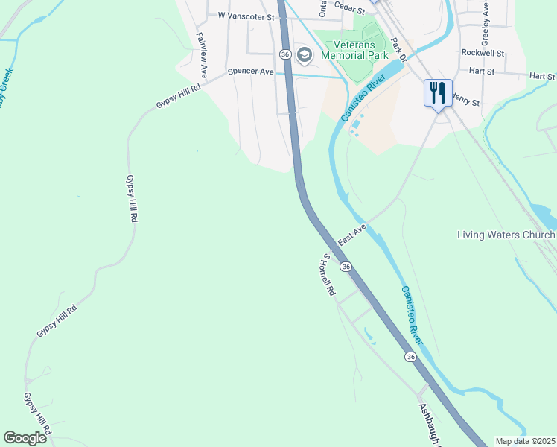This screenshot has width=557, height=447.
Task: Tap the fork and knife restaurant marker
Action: coord(438,93)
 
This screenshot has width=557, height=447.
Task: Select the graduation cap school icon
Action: coord(304,54)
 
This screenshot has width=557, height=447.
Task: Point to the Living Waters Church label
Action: coord(506,235)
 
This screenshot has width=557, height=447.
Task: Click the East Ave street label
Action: coord(352,236)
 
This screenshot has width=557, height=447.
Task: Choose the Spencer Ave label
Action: coord(251,72)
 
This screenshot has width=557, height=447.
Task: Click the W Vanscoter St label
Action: coord(245,15)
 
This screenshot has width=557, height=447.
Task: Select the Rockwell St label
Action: coord(483,53)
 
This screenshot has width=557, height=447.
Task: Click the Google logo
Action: coord(25,438)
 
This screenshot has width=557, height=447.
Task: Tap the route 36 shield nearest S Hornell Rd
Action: coord(346,266)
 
